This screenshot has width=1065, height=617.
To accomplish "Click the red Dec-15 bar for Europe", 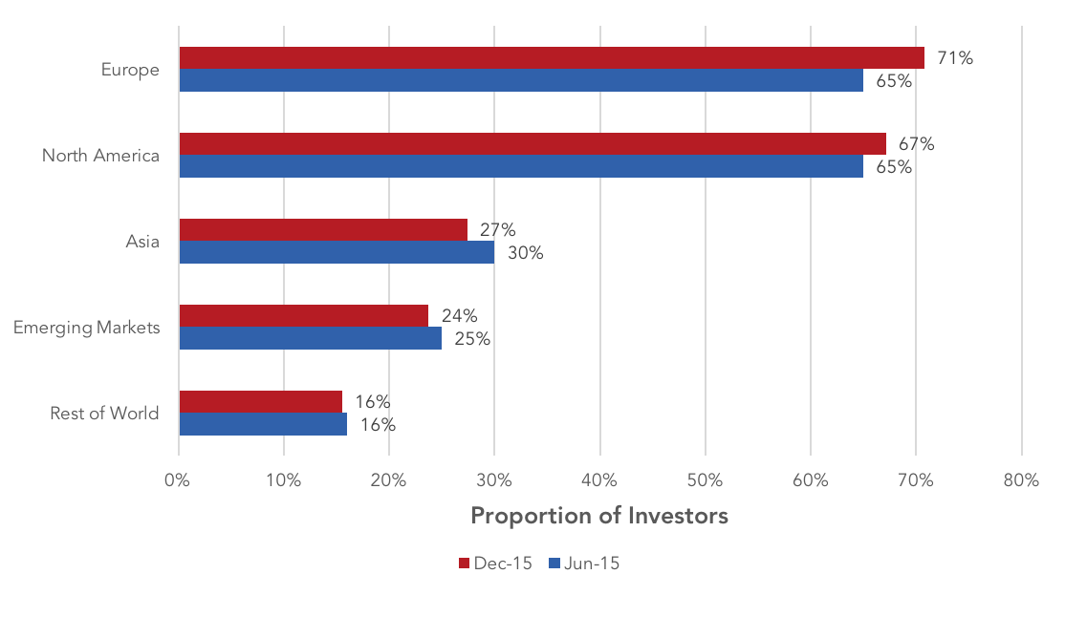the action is [552, 57].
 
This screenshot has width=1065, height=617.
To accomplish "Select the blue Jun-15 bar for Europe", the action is [521, 80].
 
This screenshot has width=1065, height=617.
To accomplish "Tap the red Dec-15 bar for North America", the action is [532, 144].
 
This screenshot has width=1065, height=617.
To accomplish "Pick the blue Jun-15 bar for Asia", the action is [337, 252].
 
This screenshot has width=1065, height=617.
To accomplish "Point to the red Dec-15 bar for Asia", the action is [323, 230].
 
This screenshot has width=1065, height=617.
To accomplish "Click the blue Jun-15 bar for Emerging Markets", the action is [311, 338].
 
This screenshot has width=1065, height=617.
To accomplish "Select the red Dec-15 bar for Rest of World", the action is [261, 402].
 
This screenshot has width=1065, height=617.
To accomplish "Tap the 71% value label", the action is [955, 58].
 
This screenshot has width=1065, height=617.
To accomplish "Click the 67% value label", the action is [916, 144].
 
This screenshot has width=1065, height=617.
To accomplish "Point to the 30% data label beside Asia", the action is [526, 253].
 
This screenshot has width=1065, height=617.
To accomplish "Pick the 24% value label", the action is [459, 315].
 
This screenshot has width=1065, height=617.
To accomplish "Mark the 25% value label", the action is [472, 339].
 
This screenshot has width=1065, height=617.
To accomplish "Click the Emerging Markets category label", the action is [87, 328].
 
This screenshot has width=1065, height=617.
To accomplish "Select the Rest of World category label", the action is [104, 414].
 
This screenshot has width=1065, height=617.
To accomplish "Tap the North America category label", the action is [100, 156].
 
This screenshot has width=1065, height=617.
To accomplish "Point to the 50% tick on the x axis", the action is [705, 480].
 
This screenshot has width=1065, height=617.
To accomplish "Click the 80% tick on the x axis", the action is [1022, 480].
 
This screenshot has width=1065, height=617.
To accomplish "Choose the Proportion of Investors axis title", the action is [599, 516].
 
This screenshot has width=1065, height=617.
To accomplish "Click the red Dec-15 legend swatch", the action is [465, 564].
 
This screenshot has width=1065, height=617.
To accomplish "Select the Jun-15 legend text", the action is [592, 564].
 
